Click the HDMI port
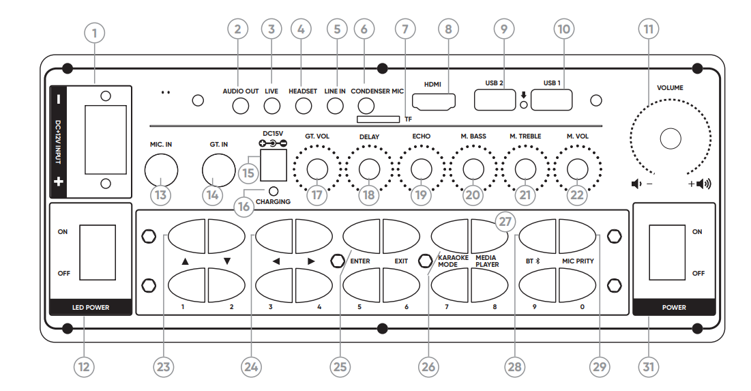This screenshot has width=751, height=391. pyautogui.click(x=435, y=102)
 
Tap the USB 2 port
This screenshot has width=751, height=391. pyautogui.click(x=495, y=100)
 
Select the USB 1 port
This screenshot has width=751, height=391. pyautogui.click(x=551, y=100)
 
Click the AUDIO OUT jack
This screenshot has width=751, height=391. pyautogui.click(x=241, y=106)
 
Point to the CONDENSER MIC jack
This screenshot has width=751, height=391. pyautogui.click(x=366, y=106)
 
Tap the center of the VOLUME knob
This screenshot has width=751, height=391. pyautogui.click(x=671, y=139)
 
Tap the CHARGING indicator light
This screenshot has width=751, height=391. pyautogui.click(x=274, y=191)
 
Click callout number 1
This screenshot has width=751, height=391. pyautogui.click(x=94, y=32)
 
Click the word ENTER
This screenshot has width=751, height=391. pyautogui.click(x=359, y=261)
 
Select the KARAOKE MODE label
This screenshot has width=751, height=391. pyautogui.click(x=453, y=261)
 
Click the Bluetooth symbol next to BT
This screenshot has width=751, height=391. pyautogui.click(x=538, y=261)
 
